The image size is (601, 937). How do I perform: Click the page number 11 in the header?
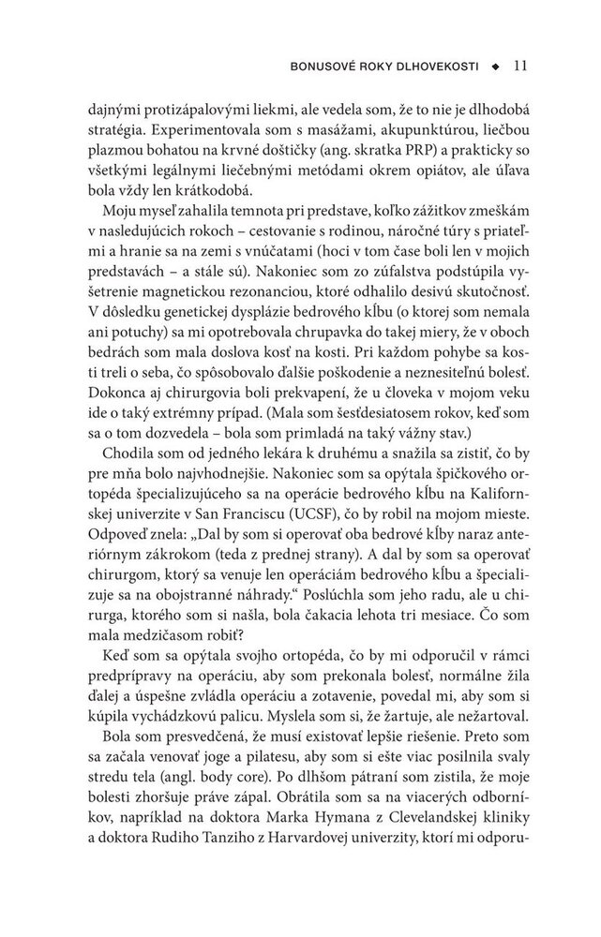click(523, 67)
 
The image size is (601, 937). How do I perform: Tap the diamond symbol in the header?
click(497, 67)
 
